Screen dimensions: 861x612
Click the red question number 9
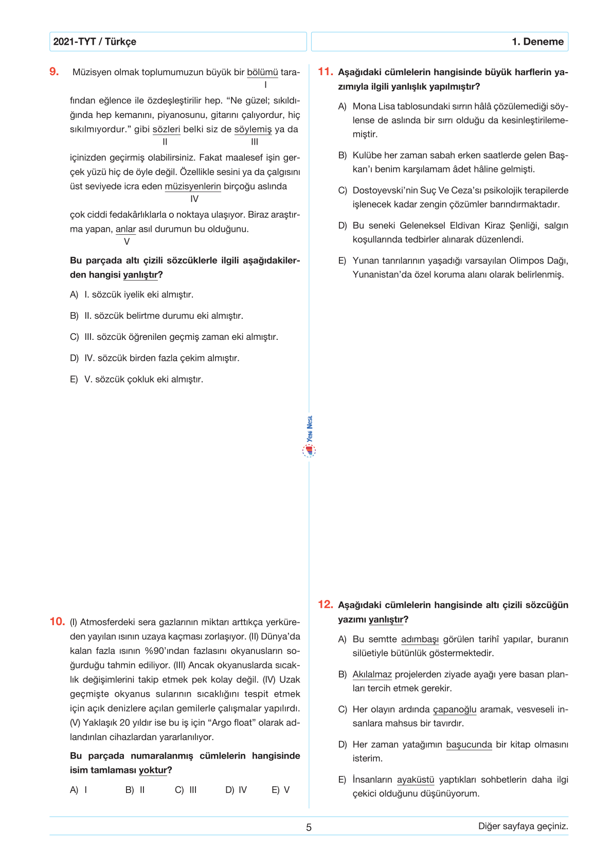(54, 72)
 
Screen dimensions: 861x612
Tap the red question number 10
(57, 622)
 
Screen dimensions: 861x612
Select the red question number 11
(325, 72)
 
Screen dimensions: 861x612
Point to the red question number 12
(325, 605)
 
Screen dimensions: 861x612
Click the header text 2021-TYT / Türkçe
(95, 42)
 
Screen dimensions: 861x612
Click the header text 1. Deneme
(537, 42)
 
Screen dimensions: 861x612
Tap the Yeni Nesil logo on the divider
(309, 438)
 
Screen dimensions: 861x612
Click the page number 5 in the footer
(309, 828)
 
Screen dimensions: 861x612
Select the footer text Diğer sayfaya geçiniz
(523, 826)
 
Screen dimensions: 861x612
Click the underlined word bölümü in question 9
(262, 73)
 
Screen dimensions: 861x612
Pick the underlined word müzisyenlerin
(193, 186)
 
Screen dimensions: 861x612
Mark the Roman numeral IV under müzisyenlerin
(194, 199)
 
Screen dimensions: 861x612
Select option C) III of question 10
(186, 790)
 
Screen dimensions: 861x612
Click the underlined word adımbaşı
(420, 640)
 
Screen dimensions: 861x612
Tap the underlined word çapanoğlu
(455, 710)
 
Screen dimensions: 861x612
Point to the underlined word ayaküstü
(416, 780)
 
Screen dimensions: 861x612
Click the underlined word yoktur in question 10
(153, 770)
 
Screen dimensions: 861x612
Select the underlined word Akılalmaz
(372, 675)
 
